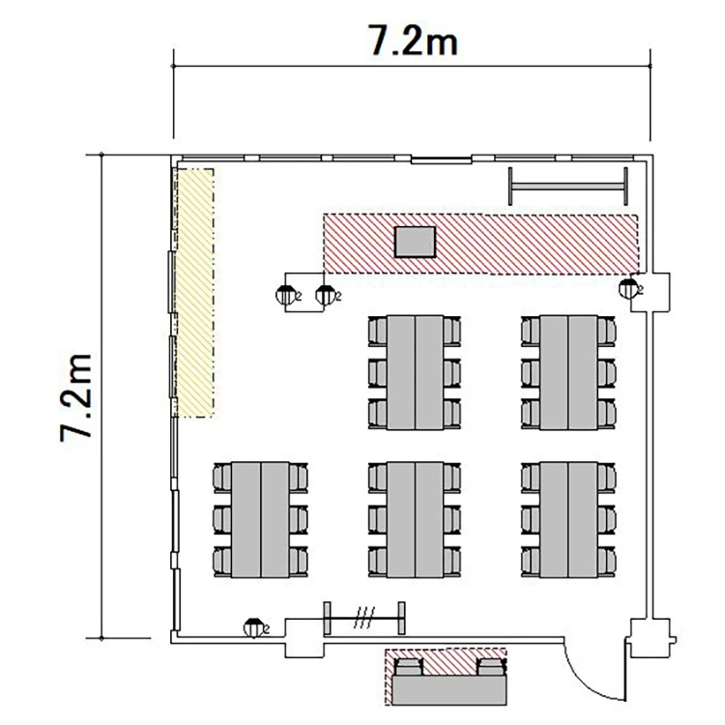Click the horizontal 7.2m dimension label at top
413,41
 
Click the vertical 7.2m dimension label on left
76,397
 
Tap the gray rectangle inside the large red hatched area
415,242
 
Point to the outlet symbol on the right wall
628,288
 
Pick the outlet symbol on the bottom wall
253,627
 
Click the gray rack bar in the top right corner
567,186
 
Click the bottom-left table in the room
261,519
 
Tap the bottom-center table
416,519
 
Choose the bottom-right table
568,519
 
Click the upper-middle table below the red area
416,373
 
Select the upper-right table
568,373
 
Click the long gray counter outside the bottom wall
449,690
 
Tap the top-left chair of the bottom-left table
222,478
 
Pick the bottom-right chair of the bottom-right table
606,562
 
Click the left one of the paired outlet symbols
285,295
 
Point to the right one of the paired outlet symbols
325,295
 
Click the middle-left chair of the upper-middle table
378,373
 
